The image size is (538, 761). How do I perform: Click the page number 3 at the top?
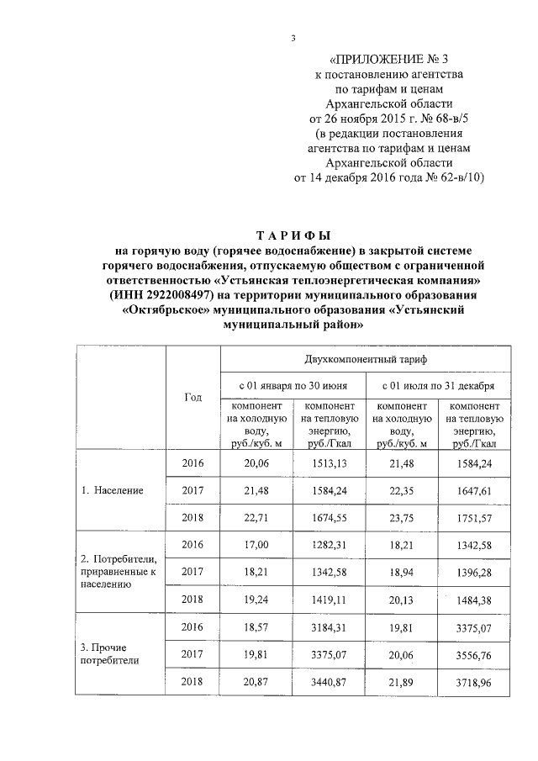[x=293, y=38]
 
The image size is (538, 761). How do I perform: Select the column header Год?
[x=193, y=397]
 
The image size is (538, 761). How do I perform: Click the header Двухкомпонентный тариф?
[x=366, y=359]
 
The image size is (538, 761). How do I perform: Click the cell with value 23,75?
[x=402, y=519]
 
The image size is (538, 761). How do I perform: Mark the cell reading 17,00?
[x=256, y=547]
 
